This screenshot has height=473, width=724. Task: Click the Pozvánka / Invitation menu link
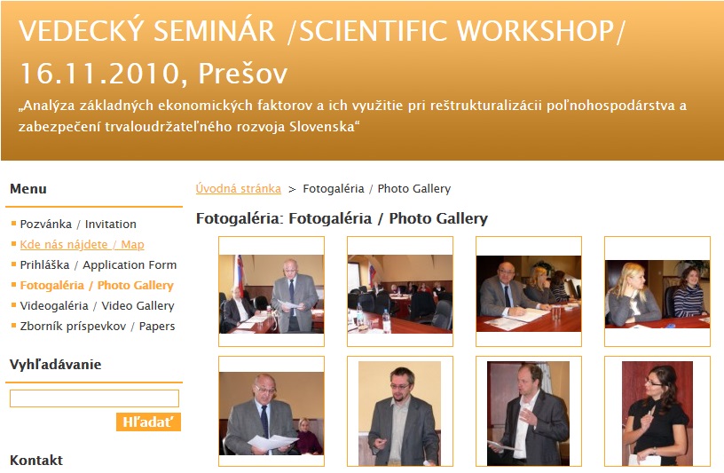point(78,224)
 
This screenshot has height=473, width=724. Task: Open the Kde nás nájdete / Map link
point(82,244)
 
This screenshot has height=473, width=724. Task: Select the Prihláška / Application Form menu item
point(98,264)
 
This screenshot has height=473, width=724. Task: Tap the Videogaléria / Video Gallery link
point(97,306)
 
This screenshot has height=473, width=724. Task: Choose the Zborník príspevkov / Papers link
point(97,326)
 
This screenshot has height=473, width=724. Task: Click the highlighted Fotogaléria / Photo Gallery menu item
point(97,285)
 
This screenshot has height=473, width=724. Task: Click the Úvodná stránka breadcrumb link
point(239,188)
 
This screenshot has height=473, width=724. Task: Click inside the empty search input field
point(94,398)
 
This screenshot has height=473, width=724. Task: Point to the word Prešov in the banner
point(243,73)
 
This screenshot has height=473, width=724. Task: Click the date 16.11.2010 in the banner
point(100,74)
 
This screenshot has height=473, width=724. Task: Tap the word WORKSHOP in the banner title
point(535,31)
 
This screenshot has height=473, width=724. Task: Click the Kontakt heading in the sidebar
point(36,460)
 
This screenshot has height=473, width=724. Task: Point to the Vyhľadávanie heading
point(55,365)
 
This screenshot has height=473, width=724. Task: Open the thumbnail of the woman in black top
point(657,413)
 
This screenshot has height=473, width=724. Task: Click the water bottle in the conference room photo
point(387,321)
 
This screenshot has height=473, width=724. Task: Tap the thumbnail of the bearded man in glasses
point(399,413)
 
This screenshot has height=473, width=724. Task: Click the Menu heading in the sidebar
point(28,188)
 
